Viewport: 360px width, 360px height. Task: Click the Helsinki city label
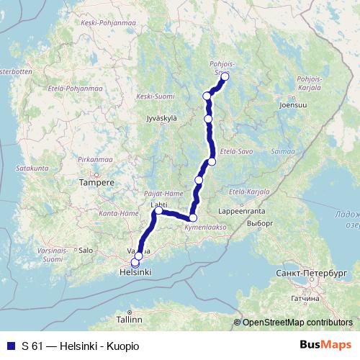click(x=135, y=274)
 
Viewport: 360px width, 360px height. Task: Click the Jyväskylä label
click(x=161, y=117)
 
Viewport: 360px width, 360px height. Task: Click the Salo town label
click(x=86, y=250)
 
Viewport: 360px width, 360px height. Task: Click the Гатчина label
click(x=306, y=297)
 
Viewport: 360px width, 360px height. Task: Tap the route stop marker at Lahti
click(x=158, y=211)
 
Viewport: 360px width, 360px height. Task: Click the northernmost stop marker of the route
click(x=225, y=76)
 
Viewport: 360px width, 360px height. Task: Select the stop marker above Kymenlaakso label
click(x=193, y=217)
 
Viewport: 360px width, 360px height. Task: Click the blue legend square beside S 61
click(x=10, y=346)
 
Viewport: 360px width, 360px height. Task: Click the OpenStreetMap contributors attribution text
click(x=297, y=323)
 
